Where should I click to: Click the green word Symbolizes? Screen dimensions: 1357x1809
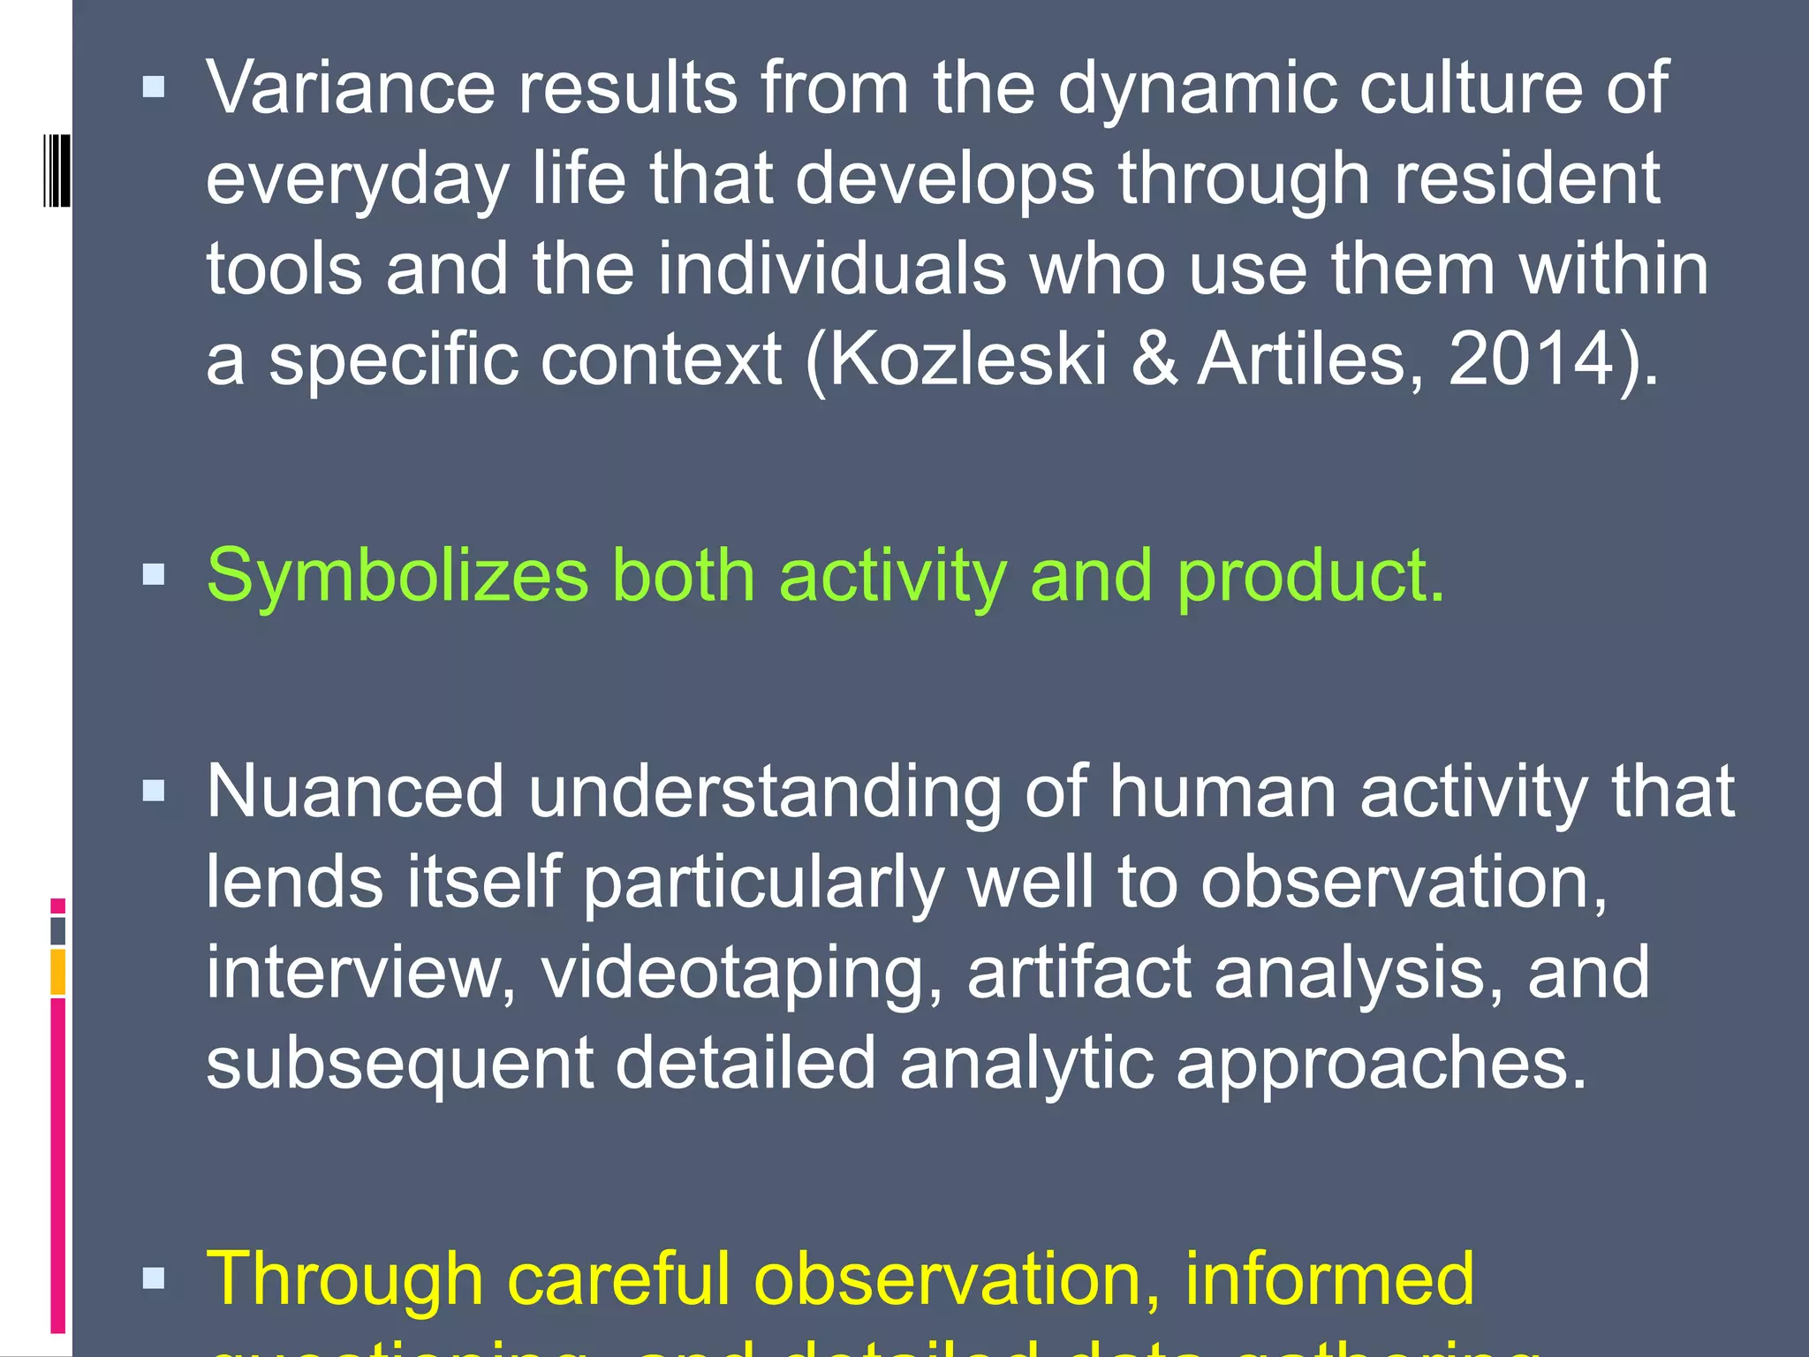click(x=397, y=577)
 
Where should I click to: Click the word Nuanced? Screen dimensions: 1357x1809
click(x=355, y=792)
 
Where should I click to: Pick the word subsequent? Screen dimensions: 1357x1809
click(x=399, y=1064)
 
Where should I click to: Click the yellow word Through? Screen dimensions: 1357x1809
click(x=344, y=1278)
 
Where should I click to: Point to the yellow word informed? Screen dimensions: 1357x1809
click(x=1329, y=1278)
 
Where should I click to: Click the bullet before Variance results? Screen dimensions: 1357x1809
click(x=154, y=87)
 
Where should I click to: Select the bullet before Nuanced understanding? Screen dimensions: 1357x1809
click(x=154, y=790)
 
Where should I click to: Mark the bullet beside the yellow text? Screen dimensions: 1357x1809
click(x=154, y=1277)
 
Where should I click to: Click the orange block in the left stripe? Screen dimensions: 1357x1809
click(x=58, y=972)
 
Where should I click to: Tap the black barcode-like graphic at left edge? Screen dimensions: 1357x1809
click(x=57, y=171)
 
